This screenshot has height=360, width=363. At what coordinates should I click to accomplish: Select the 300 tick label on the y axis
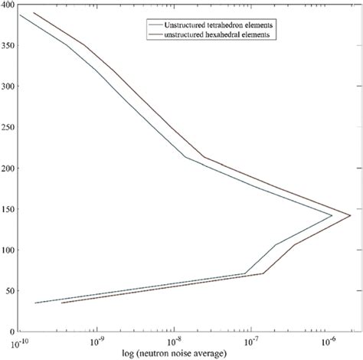click(x=8, y=86)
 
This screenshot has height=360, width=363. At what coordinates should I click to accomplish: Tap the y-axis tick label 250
click(x=8, y=126)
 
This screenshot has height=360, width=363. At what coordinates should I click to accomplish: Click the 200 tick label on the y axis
click(x=8, y=168)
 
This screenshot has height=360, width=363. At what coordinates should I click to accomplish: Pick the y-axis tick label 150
click(x=8, y=208)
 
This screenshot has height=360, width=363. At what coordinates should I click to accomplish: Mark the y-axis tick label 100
click(x=8, y=250)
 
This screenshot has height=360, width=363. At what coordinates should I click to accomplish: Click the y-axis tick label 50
click(x=10, y=290)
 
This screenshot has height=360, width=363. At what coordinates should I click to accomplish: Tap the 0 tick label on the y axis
click(x=12, y=331)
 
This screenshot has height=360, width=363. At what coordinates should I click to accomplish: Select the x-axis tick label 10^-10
click(x=20, y=339)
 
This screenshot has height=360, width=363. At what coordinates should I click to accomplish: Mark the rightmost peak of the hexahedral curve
click(x=351, y=215)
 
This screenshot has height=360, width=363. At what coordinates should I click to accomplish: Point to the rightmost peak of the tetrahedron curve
click(x=332, y=215)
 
